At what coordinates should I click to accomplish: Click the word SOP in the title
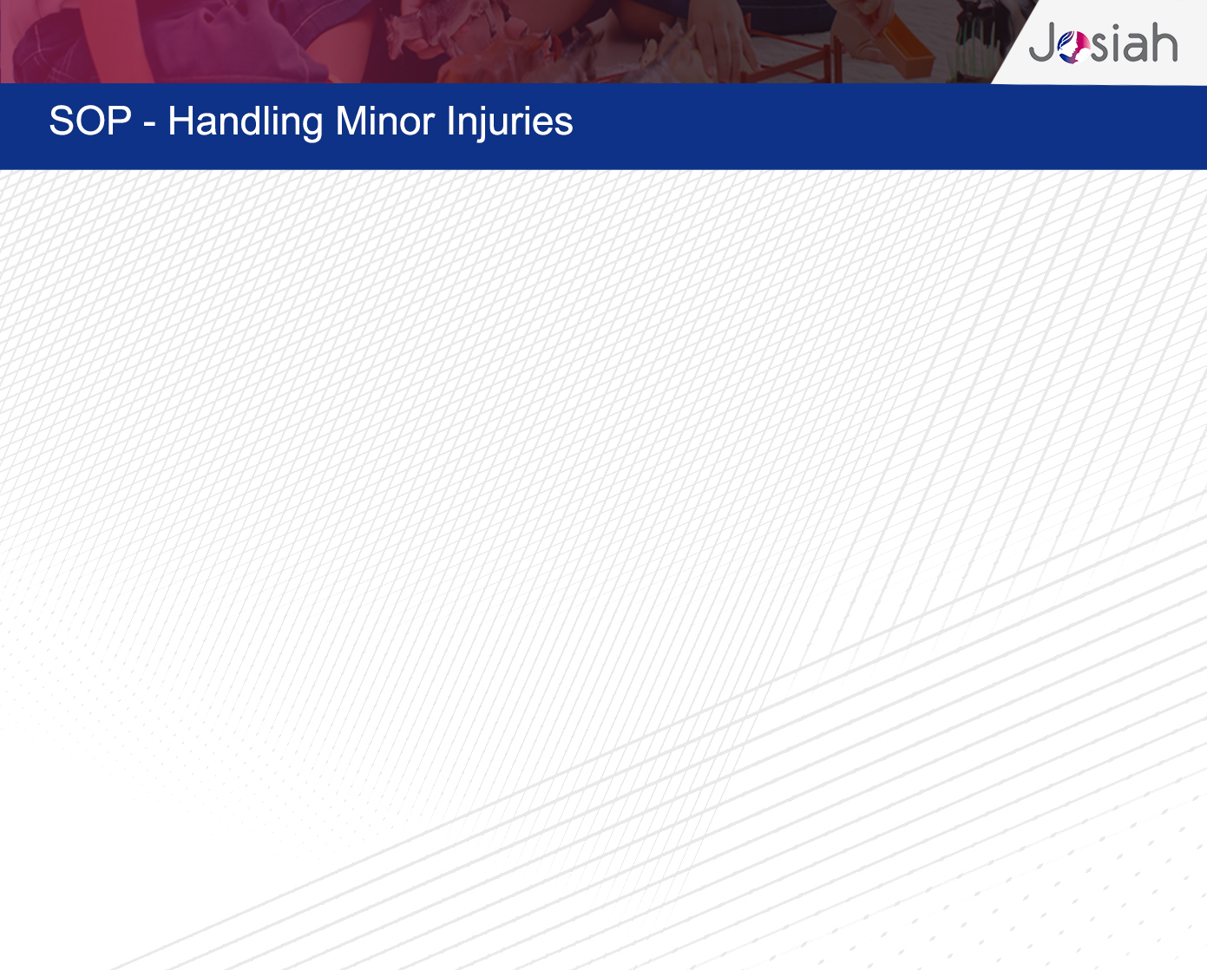(90, 121)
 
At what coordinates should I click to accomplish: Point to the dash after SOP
(149, 124)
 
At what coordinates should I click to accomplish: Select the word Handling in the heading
(246, 122)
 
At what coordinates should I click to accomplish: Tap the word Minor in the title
(384, 121)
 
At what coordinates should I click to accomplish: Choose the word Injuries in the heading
(510, 122)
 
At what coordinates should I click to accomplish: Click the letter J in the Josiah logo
(1042, 42)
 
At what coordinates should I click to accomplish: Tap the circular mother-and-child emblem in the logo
(1073, 47)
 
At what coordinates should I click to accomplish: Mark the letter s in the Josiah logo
(1099, 47)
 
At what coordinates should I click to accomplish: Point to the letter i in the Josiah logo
(1113, 43)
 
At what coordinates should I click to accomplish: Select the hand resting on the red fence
(724, 39)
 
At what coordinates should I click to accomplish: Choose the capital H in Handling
(180, 121)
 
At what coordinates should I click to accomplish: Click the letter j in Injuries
(476, 124)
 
